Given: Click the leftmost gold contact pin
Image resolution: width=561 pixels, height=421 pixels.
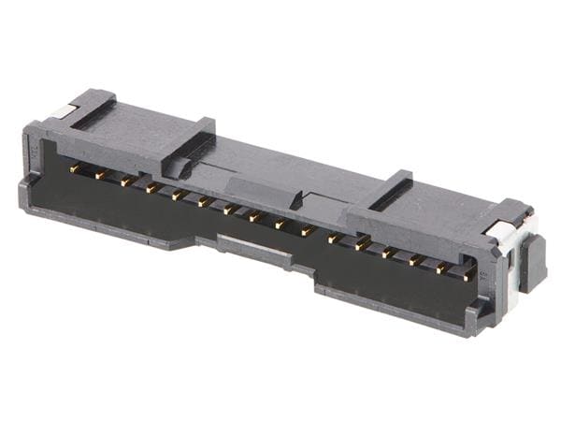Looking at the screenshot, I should click(x=75, y=168).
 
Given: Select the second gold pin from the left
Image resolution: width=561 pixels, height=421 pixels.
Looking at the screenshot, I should click(x=100, y=175).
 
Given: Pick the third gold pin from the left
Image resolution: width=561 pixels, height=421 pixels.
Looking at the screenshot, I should click(x=125, y=181).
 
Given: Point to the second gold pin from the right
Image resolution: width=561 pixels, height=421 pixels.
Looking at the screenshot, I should click(x=441, y=268).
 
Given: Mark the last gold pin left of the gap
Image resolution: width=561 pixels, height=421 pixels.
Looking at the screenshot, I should click(x=307, y=230).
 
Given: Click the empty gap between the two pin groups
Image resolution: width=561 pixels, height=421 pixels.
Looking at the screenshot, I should click(x=320, y=235).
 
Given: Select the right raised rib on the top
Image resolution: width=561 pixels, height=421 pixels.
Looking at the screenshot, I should click(x=388, y=192).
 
